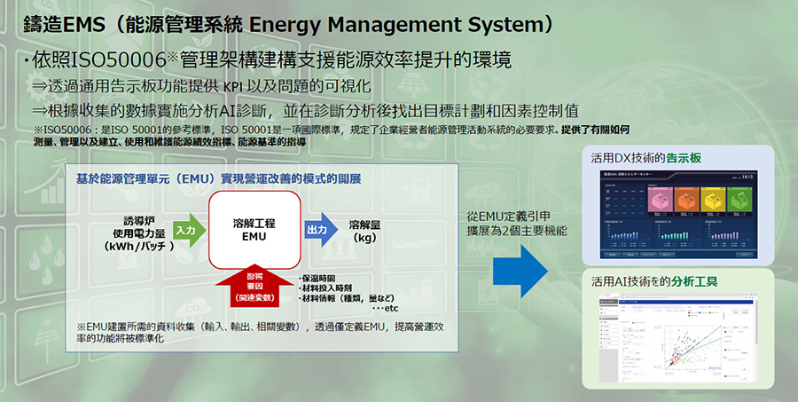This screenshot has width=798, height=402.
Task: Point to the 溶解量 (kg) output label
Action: coord(365,231)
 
